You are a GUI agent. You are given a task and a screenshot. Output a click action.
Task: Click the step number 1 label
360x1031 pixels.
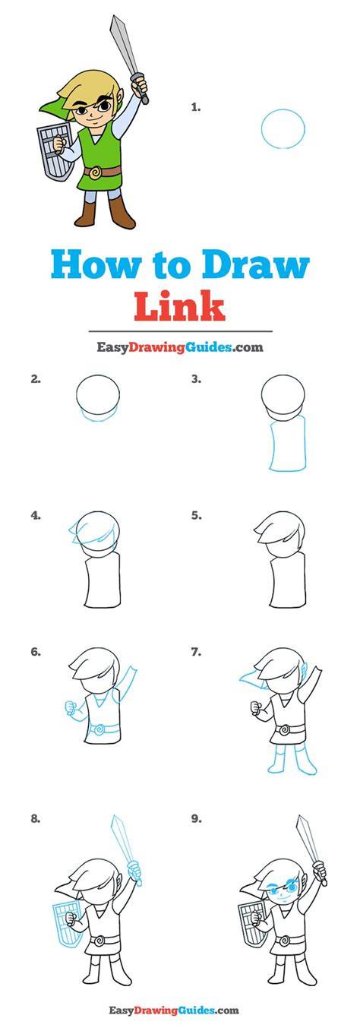coord(196,107)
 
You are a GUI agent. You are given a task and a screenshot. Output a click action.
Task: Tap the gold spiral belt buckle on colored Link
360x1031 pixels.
coord(96,172)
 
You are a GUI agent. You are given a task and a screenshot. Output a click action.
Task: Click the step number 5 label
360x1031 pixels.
coord(197,515)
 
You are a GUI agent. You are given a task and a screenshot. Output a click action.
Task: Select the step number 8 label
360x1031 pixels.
coord(36,819)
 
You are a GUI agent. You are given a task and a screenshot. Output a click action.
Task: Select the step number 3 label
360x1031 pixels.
coord(197,379)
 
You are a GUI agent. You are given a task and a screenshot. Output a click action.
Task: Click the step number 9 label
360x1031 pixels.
coord(197,819)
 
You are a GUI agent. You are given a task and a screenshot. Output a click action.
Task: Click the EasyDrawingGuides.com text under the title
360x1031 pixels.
coord(179,347)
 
